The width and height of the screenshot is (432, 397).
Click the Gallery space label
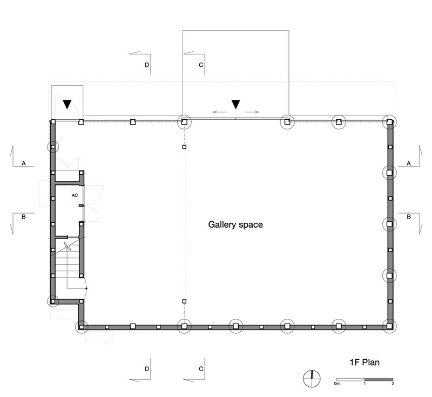(235, 224)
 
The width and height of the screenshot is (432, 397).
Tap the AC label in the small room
(75, 195)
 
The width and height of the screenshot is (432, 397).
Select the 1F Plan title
(364, 362)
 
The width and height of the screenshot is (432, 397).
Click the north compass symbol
(312, 379)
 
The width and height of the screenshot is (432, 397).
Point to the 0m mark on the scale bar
(336, 384)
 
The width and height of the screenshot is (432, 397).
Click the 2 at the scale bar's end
(393, 384)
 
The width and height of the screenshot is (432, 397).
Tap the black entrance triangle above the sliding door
(235, 104)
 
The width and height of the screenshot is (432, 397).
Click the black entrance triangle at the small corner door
(67, 104)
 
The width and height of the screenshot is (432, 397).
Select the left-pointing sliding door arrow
(220, 112)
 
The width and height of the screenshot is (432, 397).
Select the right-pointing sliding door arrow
(252, 112)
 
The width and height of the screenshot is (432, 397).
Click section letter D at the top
(147, 65)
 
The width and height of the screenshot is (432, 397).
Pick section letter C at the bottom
(201, 369)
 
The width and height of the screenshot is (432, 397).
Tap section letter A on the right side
(409, 163)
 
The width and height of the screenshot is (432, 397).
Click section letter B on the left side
(23, 217)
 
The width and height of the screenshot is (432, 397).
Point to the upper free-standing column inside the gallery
(184, 147)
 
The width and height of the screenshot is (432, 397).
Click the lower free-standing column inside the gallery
(184, 302)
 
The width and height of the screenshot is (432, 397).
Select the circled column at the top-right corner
(389, 122)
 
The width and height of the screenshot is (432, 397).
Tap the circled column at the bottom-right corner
(389, 326)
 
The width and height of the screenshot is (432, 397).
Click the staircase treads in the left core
(67, 263)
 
